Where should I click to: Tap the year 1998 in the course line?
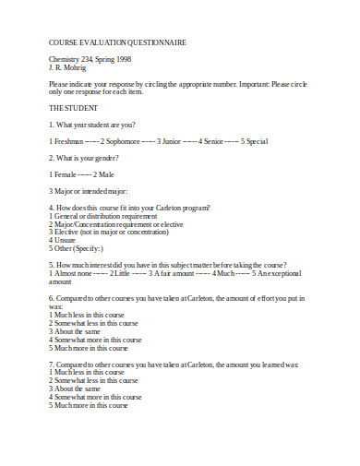123,59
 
